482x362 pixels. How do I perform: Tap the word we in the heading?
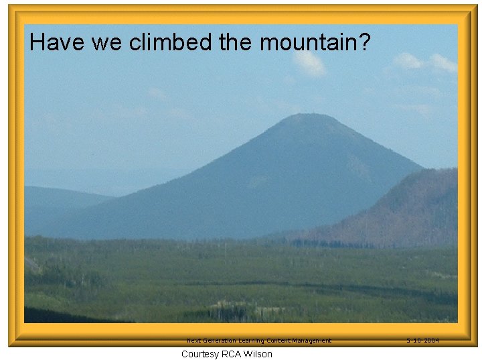coord(107,43)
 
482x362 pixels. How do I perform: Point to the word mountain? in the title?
coord(315,42)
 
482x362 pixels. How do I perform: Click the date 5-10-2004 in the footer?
coord(422,341)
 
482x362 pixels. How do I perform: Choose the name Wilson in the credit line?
coord(259,354)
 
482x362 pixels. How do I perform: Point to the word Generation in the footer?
coord(222,341)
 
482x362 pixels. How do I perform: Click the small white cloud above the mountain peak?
coord(309,64)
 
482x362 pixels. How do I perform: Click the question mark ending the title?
coord(364,42)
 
